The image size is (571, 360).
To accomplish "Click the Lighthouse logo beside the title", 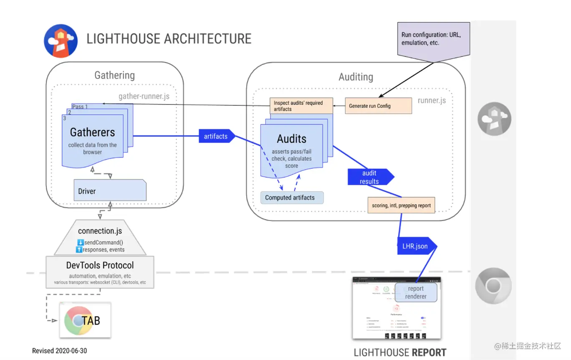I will click(x=61, y=41).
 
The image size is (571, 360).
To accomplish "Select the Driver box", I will click(x=110, y=191).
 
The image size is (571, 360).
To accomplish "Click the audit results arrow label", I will click(x=370, y=177).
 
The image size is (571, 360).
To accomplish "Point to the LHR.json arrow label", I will click(x=415, y=246).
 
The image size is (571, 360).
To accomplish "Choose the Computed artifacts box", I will click(x=292, y=198).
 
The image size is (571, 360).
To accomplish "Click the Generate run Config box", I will click(x=378, y=106).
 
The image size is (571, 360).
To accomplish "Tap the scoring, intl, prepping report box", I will click(x=401, y=205).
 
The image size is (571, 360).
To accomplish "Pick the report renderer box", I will click(x=416, y=292).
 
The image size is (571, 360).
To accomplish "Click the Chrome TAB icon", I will click(x=85, y=320).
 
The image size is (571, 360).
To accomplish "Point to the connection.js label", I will click(x=100, y=231).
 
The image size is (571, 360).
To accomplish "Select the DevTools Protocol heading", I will click(x=100, y=265).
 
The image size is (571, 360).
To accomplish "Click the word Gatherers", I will click(x=92, y=132).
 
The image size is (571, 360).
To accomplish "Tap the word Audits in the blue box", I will click(x=291, y=139).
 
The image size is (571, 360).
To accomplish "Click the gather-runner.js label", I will click(x=144, y=96).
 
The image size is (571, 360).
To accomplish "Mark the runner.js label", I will click(x=432, y=100).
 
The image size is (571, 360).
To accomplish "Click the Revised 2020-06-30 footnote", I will click(x=60, y=351).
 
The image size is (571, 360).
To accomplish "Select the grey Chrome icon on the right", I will click(x=493, y=286).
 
